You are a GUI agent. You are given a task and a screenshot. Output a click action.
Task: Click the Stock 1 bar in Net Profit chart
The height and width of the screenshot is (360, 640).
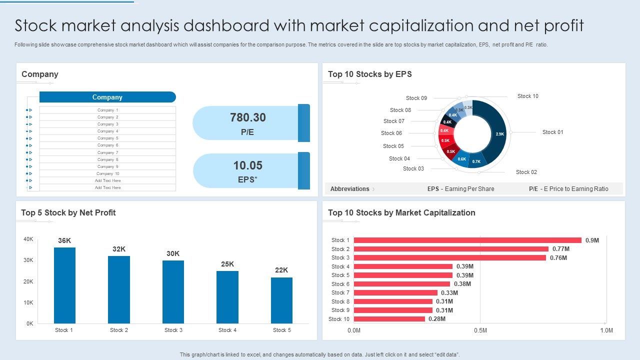coord(64,285)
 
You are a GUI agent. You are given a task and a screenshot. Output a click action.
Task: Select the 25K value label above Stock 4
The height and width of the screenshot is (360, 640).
coord(227,264)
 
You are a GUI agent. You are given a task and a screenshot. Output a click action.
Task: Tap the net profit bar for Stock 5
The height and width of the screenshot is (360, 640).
coord(281,300)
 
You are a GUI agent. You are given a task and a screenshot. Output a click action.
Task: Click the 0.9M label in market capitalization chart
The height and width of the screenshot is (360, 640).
coord(592,240)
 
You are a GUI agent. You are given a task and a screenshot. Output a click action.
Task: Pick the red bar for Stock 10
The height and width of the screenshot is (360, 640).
coord(389,319)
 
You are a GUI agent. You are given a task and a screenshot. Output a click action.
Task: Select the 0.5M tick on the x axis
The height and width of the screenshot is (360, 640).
coord(480,330)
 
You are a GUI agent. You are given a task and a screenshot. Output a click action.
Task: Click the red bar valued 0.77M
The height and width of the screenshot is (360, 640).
coord(450,249)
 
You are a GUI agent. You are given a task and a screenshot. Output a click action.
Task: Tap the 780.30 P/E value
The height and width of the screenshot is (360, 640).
coord(248,118)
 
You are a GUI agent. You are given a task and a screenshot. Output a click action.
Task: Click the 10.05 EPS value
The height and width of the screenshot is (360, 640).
coord(248,165)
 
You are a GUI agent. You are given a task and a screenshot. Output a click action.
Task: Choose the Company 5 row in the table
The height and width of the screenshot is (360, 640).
coord(107,138)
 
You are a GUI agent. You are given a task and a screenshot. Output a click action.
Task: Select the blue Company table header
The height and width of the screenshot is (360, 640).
coord(107,97)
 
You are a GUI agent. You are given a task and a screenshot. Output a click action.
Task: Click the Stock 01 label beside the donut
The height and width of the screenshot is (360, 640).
coord(552,132)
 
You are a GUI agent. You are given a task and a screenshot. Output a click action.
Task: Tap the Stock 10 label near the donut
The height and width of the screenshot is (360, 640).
coord(527,96)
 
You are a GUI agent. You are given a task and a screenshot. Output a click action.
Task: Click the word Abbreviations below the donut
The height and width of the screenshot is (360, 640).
coord(349,189)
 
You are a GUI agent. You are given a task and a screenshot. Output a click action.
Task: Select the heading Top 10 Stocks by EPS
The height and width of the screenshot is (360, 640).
coord(369,74)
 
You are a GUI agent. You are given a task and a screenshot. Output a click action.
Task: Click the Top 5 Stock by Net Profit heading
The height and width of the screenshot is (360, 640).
coord(68,213)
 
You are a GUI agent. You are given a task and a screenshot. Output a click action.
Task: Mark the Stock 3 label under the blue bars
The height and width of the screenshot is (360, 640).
coord(173,330)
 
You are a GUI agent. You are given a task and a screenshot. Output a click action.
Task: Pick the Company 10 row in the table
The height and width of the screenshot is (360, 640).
coord(107,173)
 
